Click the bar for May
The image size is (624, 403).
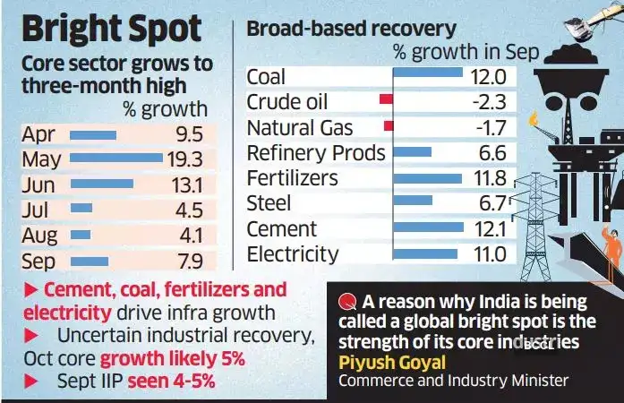tap(115, 159)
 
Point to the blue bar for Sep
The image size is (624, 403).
tap(89, 262)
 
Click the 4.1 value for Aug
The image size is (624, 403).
tap(189, 236)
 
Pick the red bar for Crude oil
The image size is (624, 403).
tap(386, 99)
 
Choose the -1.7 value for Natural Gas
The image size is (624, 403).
tap(487, 127)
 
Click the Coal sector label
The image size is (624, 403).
tap(266, 76)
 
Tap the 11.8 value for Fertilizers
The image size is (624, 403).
tap(487, 178)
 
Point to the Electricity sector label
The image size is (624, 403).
tap(293, 254)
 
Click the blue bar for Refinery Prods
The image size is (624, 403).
tap(413, 151)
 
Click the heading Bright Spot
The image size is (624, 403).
tap(111, 30)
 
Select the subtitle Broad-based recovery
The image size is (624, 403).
tap(351, 29)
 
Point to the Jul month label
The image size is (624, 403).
tap(37, 211)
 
